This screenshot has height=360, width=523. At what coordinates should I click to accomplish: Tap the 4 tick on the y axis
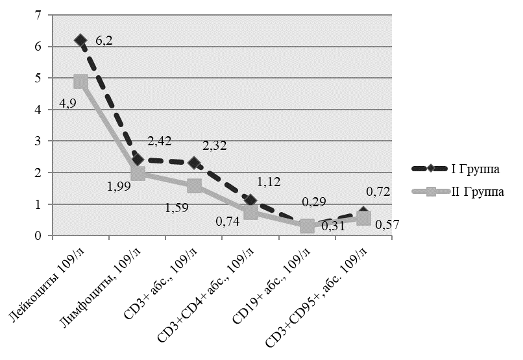[40, 109]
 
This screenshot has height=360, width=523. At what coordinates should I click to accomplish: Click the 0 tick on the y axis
[40, 235]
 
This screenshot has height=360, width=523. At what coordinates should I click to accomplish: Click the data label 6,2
[105, 41]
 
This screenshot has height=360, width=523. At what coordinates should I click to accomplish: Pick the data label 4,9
[68, 103]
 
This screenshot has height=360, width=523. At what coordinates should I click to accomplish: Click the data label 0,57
[387, 225]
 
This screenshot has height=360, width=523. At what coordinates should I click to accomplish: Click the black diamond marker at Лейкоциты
[80, 40]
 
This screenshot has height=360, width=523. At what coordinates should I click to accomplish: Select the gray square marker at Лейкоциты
[80, 81]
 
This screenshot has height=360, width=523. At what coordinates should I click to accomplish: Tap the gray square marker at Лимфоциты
[138, 173]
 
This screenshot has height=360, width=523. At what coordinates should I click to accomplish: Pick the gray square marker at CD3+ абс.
[194, 186]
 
